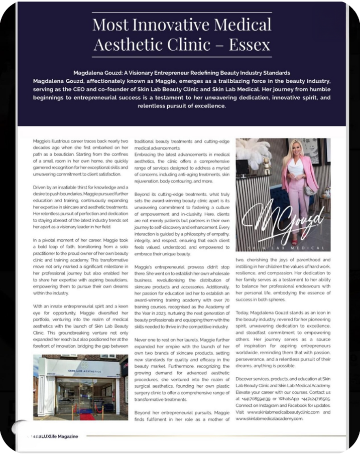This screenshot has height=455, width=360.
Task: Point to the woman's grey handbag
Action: click(310, 189)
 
